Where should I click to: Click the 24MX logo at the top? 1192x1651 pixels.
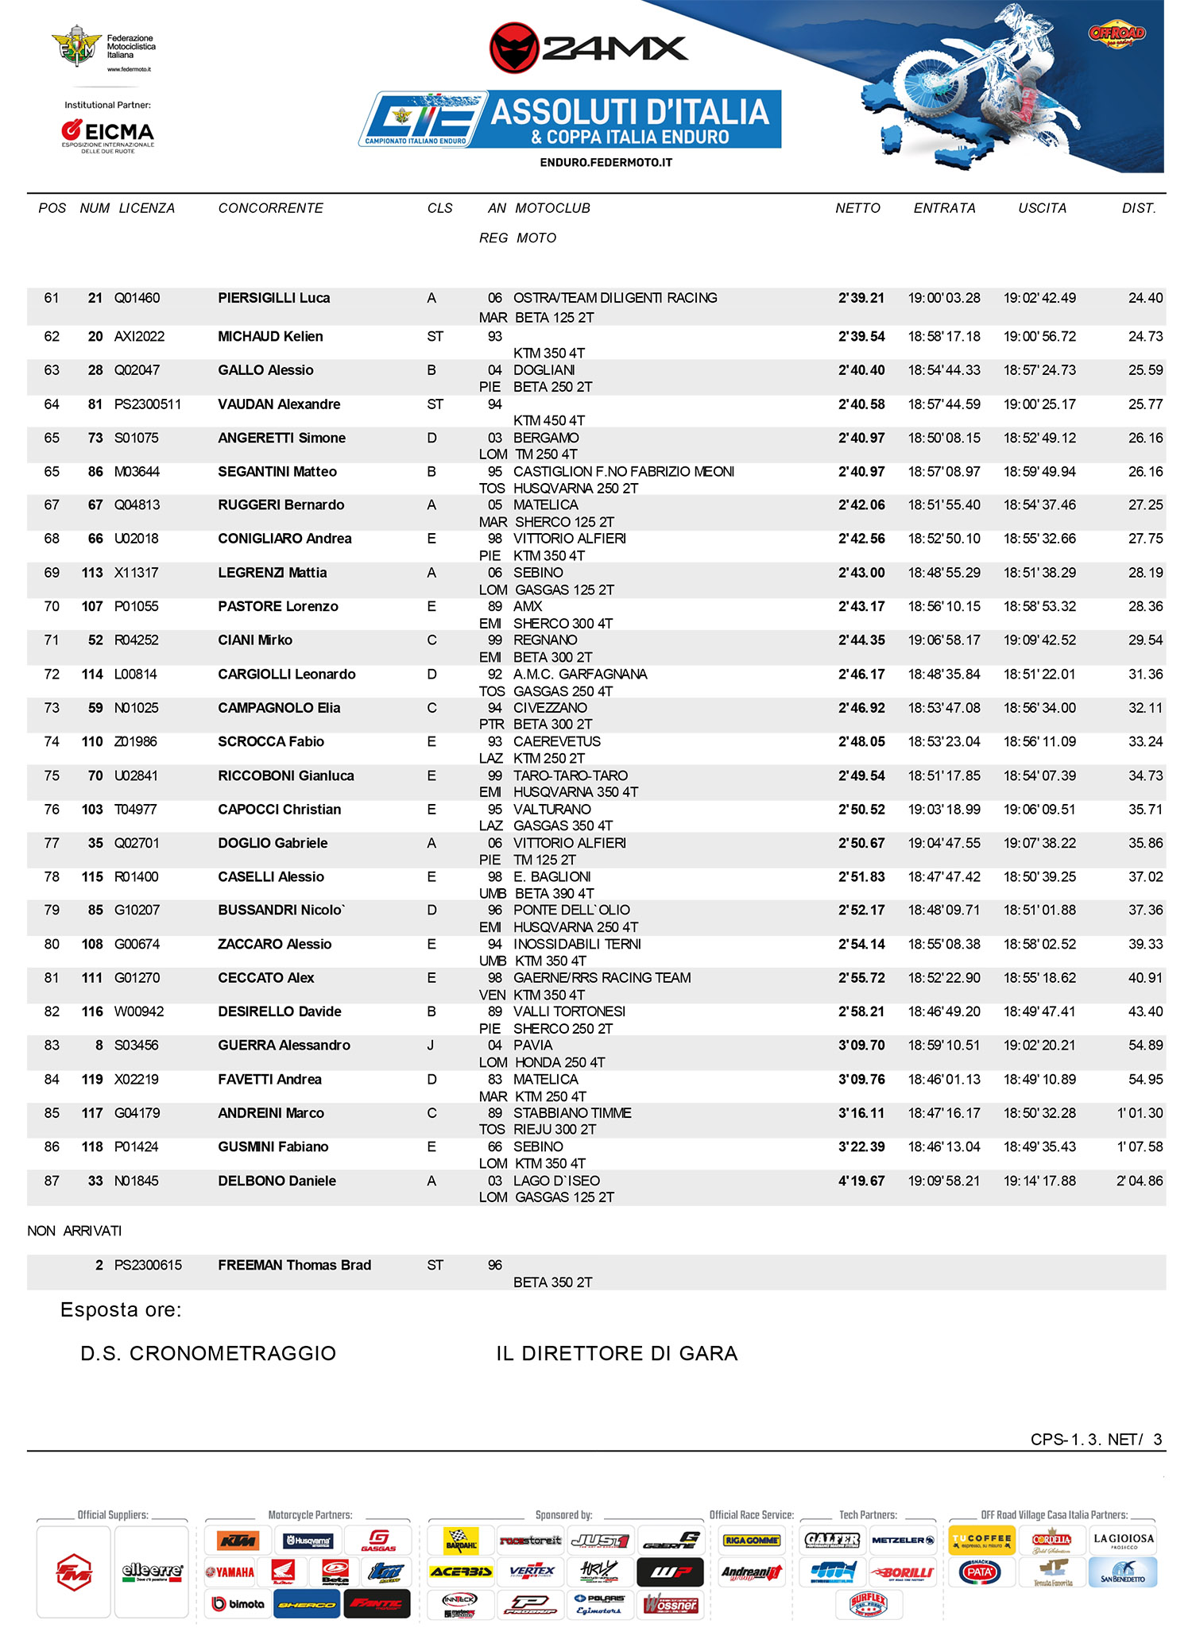tap(588, 48)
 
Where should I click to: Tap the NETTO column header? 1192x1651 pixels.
tap(857, 208)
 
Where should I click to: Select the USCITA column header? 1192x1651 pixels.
tap(1042, 208)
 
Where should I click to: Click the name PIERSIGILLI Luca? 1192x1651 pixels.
tap(273, 298)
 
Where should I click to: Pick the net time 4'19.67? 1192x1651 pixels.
tap(861, 1181)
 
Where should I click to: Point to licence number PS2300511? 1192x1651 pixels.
tap(148, 404)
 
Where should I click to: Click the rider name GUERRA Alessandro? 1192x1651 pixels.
tap(284, 1046)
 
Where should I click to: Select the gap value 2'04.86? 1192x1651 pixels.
tap(1139, 1181)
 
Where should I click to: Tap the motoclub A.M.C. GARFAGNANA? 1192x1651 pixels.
tap(580, 675)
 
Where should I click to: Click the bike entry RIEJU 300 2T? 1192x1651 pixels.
tap(555, 1129)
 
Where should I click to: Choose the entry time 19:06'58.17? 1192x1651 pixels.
tap(944, 640)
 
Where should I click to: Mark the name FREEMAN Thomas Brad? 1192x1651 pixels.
tap(294, 1265)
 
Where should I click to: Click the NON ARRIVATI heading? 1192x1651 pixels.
tap(75, 1231)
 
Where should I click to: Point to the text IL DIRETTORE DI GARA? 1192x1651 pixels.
tap(617, 1353)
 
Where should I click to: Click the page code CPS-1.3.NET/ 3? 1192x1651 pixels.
tap(1095, 1439)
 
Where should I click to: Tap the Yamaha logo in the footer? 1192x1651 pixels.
tap(230, 1572)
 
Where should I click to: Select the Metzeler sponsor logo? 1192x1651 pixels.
tap(902, 1540)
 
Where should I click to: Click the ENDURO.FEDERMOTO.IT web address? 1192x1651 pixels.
tap(606, 162)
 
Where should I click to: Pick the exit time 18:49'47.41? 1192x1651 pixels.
tap(1039, 1011)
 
